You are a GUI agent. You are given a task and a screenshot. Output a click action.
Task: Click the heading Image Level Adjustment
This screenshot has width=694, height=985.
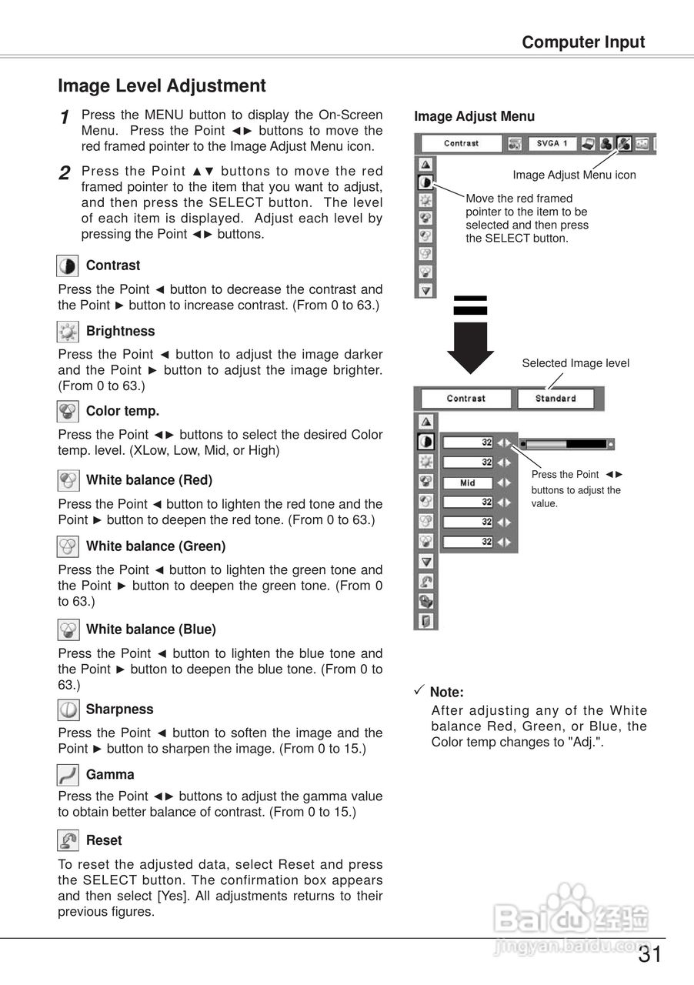pos(162,86)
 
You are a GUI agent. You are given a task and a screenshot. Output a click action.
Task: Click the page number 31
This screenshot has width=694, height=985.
pos(649,955)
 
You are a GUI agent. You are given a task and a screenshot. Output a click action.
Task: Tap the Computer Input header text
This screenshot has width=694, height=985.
pos(583,42)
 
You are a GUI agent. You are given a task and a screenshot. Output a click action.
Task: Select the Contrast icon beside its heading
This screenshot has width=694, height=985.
pos(68,266)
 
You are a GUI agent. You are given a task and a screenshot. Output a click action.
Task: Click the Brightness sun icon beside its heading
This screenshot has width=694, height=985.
pos(68,332)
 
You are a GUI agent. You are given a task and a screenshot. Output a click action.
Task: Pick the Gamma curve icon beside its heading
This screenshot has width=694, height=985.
pos(68,775)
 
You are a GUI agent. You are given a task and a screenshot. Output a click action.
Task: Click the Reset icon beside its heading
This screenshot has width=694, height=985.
pos(68,840)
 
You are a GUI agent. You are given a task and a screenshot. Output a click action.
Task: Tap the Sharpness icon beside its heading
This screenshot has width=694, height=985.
pos(68,710)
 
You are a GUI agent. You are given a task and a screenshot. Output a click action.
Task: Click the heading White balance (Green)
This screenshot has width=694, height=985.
pos(155,546)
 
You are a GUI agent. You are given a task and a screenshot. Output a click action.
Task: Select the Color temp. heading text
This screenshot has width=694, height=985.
pos(122,412)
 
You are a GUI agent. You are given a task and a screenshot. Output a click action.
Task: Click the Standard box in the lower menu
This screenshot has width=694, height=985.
pos(556,399)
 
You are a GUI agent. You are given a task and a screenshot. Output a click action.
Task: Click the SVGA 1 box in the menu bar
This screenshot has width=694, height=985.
pos(552,144)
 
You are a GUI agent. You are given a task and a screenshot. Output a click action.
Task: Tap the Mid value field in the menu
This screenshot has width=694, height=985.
pos(468,483)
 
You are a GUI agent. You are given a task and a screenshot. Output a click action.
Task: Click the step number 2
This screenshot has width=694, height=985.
pos(65,173)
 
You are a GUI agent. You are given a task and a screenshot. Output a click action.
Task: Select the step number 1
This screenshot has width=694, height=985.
pos(65,118)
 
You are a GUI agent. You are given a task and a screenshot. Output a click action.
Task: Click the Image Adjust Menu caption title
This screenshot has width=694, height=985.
pos(474,117)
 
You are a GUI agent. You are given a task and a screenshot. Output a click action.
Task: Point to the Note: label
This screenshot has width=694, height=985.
pos(446,693)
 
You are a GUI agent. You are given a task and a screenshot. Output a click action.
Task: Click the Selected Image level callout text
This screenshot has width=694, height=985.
pos(576,363)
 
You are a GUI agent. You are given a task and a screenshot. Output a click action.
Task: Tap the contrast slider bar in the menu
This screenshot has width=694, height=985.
pos(566,444)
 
